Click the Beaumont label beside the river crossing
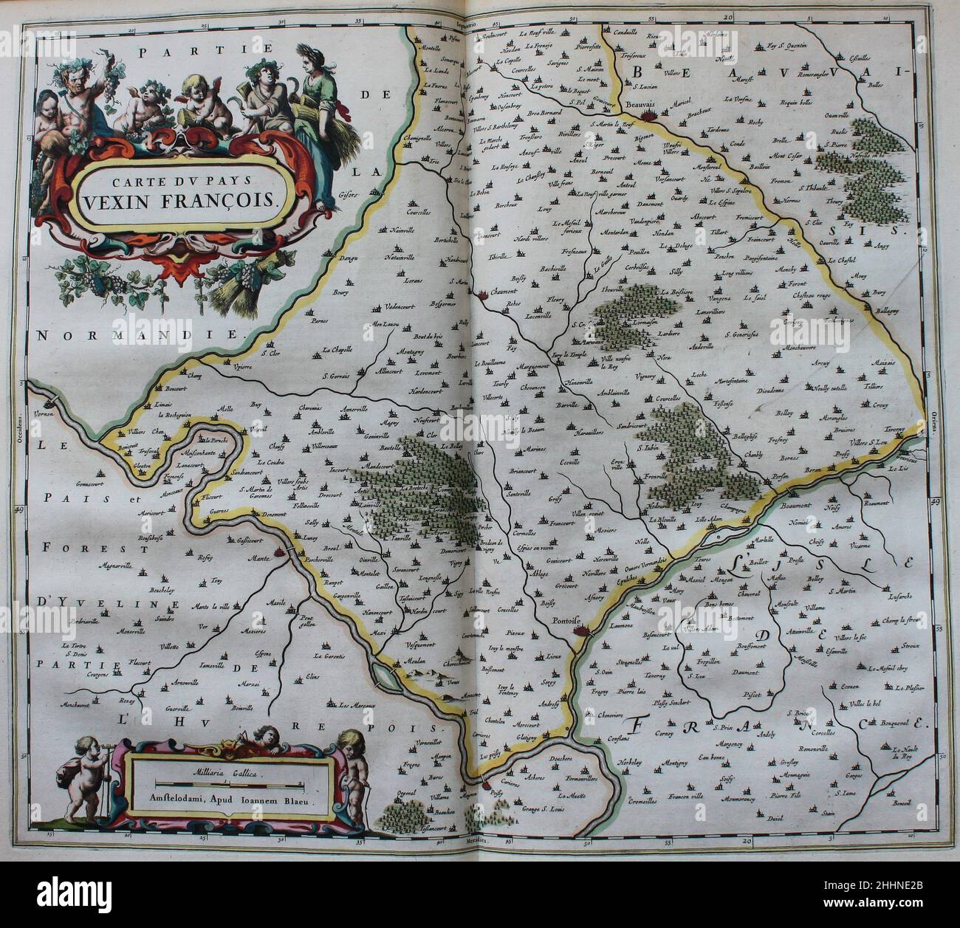(797, 507)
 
